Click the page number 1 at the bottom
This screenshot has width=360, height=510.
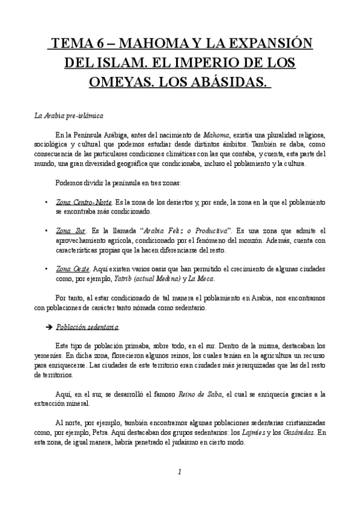click(x=180, y=472)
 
